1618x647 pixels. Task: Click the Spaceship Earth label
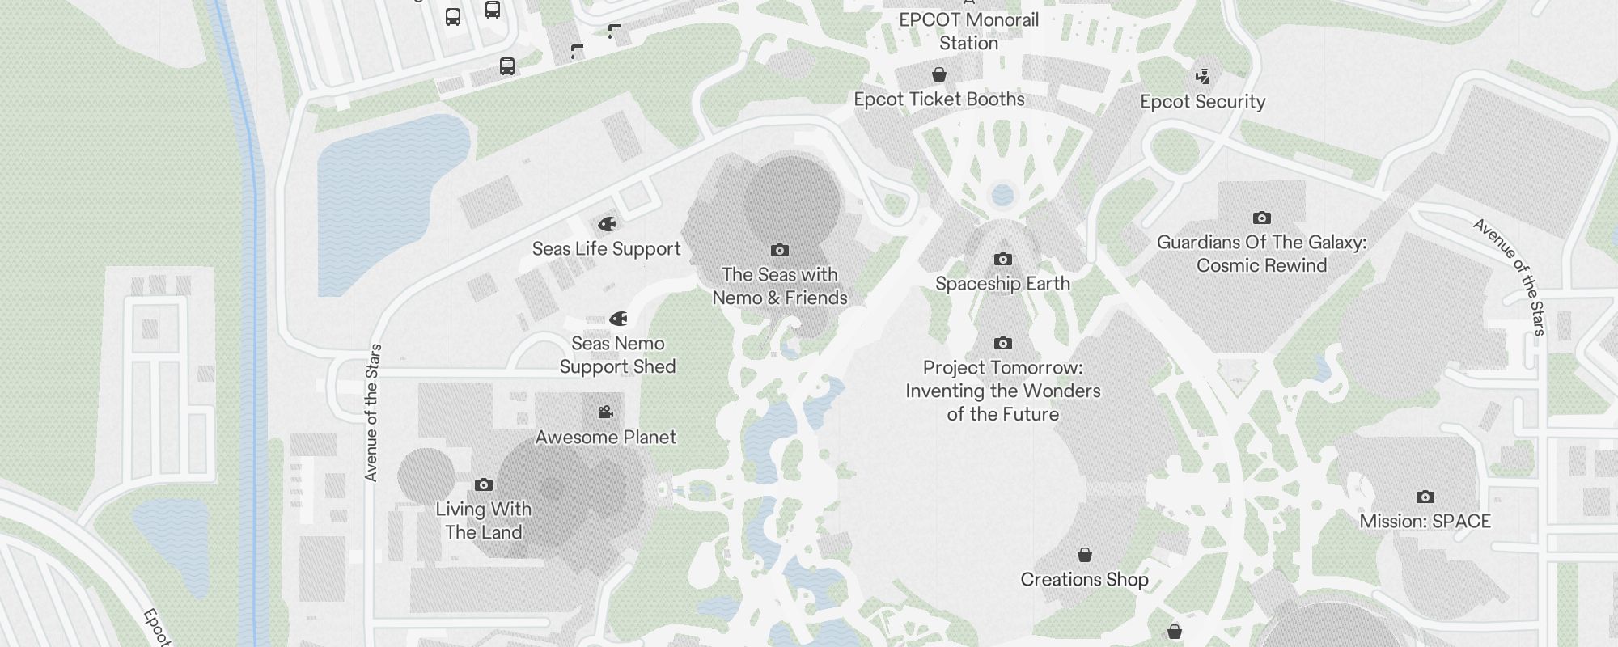click(1002, 284)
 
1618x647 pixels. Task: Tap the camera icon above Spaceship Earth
click(1002, 260)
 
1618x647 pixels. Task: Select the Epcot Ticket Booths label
click(939, 99)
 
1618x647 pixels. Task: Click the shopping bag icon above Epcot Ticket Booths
click(939, 75)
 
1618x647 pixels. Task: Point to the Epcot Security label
click(1202, 102)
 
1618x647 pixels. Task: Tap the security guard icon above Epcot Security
click(1202, 77)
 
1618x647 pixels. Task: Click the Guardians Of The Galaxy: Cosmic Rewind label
click(1261, 254)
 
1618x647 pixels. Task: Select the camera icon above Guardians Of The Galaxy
click(1261, 218)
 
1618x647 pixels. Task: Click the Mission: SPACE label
click(1425, 522)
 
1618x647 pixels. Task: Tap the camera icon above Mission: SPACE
click(1425, 497)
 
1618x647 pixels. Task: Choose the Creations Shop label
click(1084, 580)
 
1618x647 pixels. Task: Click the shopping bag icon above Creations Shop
click(1084, 556)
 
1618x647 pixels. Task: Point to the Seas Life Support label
click(606, 249)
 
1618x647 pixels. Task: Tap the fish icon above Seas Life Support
click(607, 224)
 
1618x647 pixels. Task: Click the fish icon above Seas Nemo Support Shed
click(618, 319)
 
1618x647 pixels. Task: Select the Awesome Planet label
click(605, 438)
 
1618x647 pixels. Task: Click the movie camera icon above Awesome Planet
click(605, 412)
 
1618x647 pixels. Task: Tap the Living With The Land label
click(483, 521)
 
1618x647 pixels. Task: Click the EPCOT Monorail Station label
click(968, 32)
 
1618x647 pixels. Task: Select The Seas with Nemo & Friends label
click(780, 286)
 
